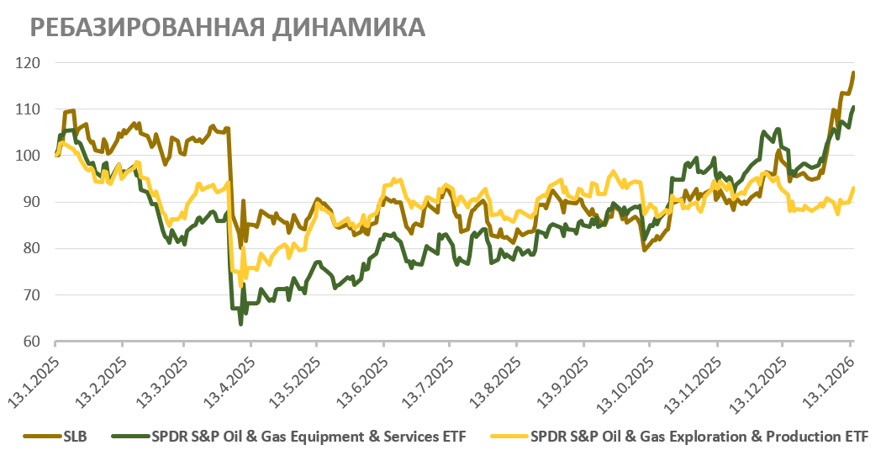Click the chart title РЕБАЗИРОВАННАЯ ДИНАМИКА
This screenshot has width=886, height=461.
click(x=227, y=28)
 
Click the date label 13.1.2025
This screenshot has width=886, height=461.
click(x=34, y=374)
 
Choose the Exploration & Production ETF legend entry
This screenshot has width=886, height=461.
click(x=688, y=436)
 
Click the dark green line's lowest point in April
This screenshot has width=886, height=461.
click(x=240, y=324)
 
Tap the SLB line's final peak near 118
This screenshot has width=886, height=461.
click(x=853, y=72)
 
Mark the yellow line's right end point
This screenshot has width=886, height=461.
click(x=854, y=188)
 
